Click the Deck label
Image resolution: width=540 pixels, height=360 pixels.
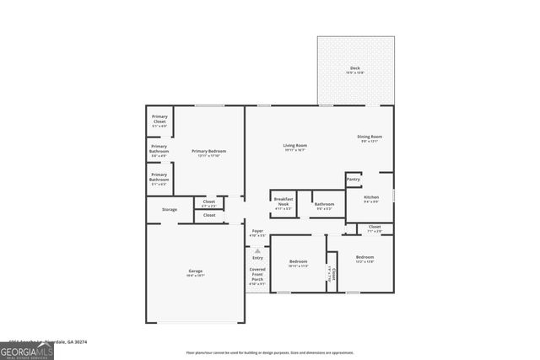click(x=355, y=68)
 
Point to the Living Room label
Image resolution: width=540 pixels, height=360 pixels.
click(x=294, y=146)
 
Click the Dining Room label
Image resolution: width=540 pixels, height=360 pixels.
click(x=370, y=137)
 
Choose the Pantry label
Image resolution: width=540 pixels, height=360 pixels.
click(x=354, y=179)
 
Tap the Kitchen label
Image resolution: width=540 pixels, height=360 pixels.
click(x=371, y=197)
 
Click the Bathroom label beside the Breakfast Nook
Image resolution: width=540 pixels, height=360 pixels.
click(x=324, y=203)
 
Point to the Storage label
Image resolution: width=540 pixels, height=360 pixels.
click(x=170, y=209)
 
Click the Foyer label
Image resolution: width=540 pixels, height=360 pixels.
click(x=258, y=231)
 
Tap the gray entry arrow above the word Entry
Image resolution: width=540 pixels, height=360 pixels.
click(x=258, y=250)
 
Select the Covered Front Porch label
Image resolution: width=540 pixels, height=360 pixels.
click(x=257, y=274)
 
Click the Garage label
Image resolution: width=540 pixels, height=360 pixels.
click(x=195, y=271)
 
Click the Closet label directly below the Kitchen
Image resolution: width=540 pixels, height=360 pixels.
click(x=375, y=227)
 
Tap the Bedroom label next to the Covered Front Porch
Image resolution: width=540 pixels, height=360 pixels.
click(x=298, y=261)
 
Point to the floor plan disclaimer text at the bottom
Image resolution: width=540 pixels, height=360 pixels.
click(x=270, y=352)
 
